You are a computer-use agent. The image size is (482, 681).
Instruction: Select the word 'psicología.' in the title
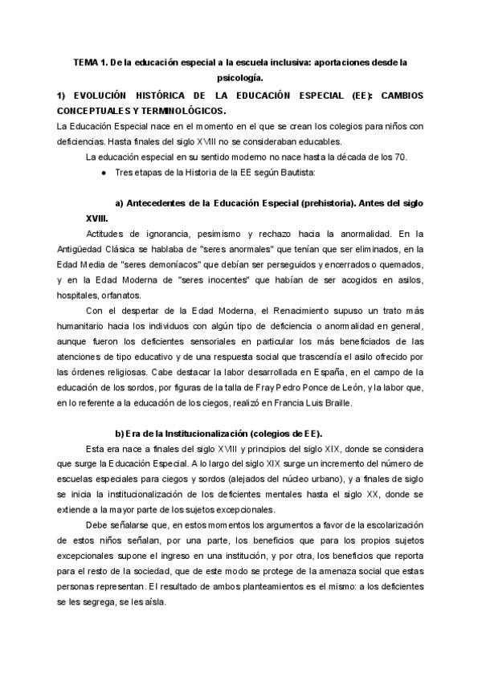240,78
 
